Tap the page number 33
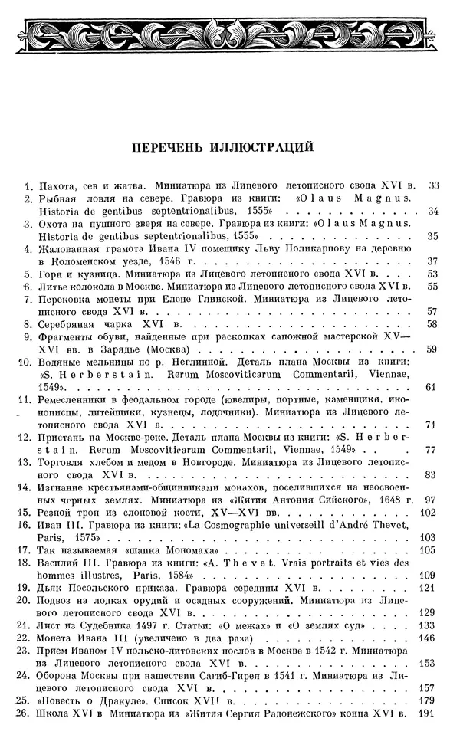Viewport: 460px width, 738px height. point(433,185)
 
